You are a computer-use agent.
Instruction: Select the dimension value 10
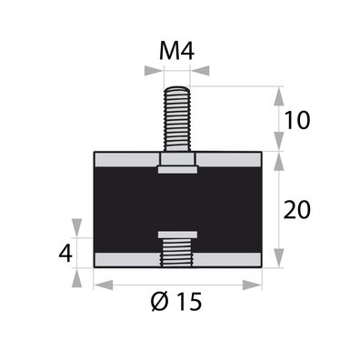296,118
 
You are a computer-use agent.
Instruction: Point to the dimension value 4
65,253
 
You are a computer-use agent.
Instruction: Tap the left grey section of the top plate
125,160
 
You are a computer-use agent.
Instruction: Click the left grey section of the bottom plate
126,260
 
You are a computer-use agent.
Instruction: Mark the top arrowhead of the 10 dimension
277,94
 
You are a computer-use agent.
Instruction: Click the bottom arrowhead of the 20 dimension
277,260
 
